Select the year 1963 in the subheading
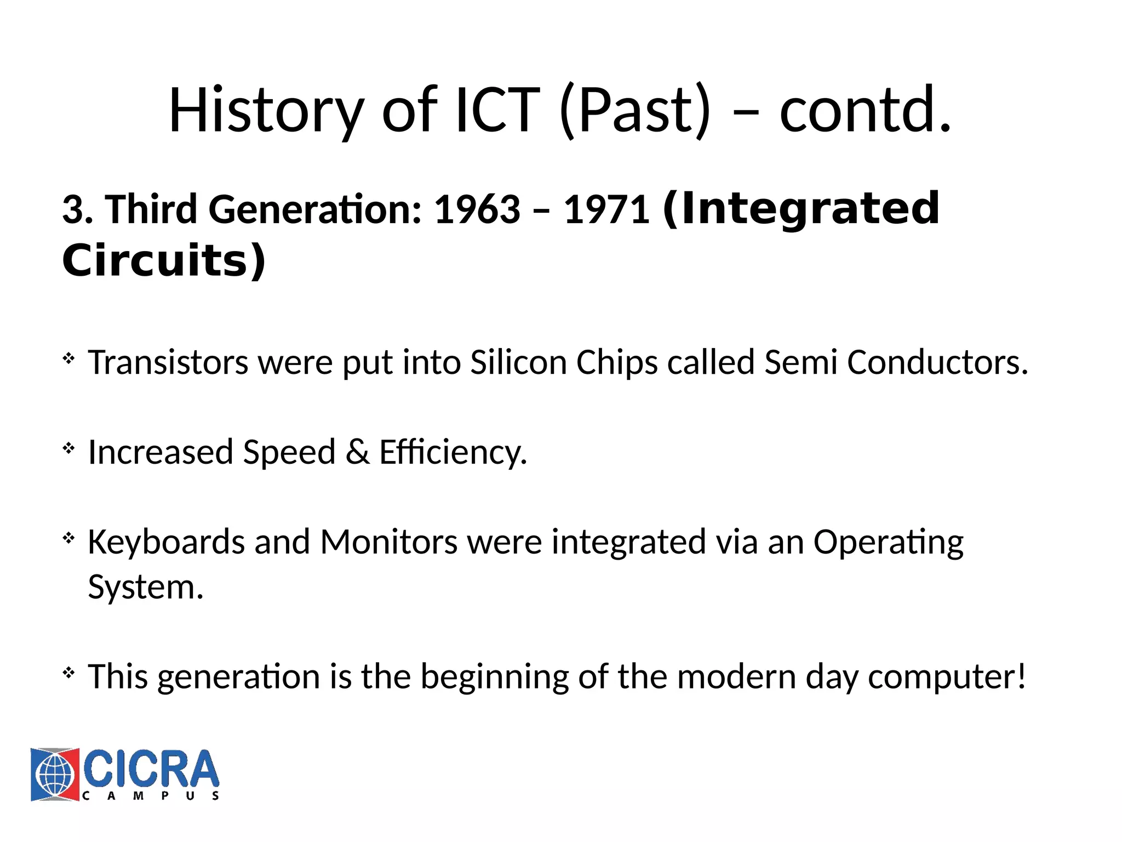[x=477, y=210]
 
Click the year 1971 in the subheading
[x=607, y=210]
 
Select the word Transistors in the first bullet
[x=168, y=362]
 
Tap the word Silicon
[x=518, y=362]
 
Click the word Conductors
[x=937, y=362]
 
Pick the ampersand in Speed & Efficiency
[x=357, y=452]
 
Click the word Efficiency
[x=453, y=452]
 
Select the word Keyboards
[x=166, y=542]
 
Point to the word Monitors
[x=388, y=542]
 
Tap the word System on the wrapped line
[x=146, y=588]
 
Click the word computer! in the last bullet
[x=947, y=677]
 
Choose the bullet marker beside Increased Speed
[x=68, y=448]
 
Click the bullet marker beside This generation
[x=68, y=672]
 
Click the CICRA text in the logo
[x=151, y=769]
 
